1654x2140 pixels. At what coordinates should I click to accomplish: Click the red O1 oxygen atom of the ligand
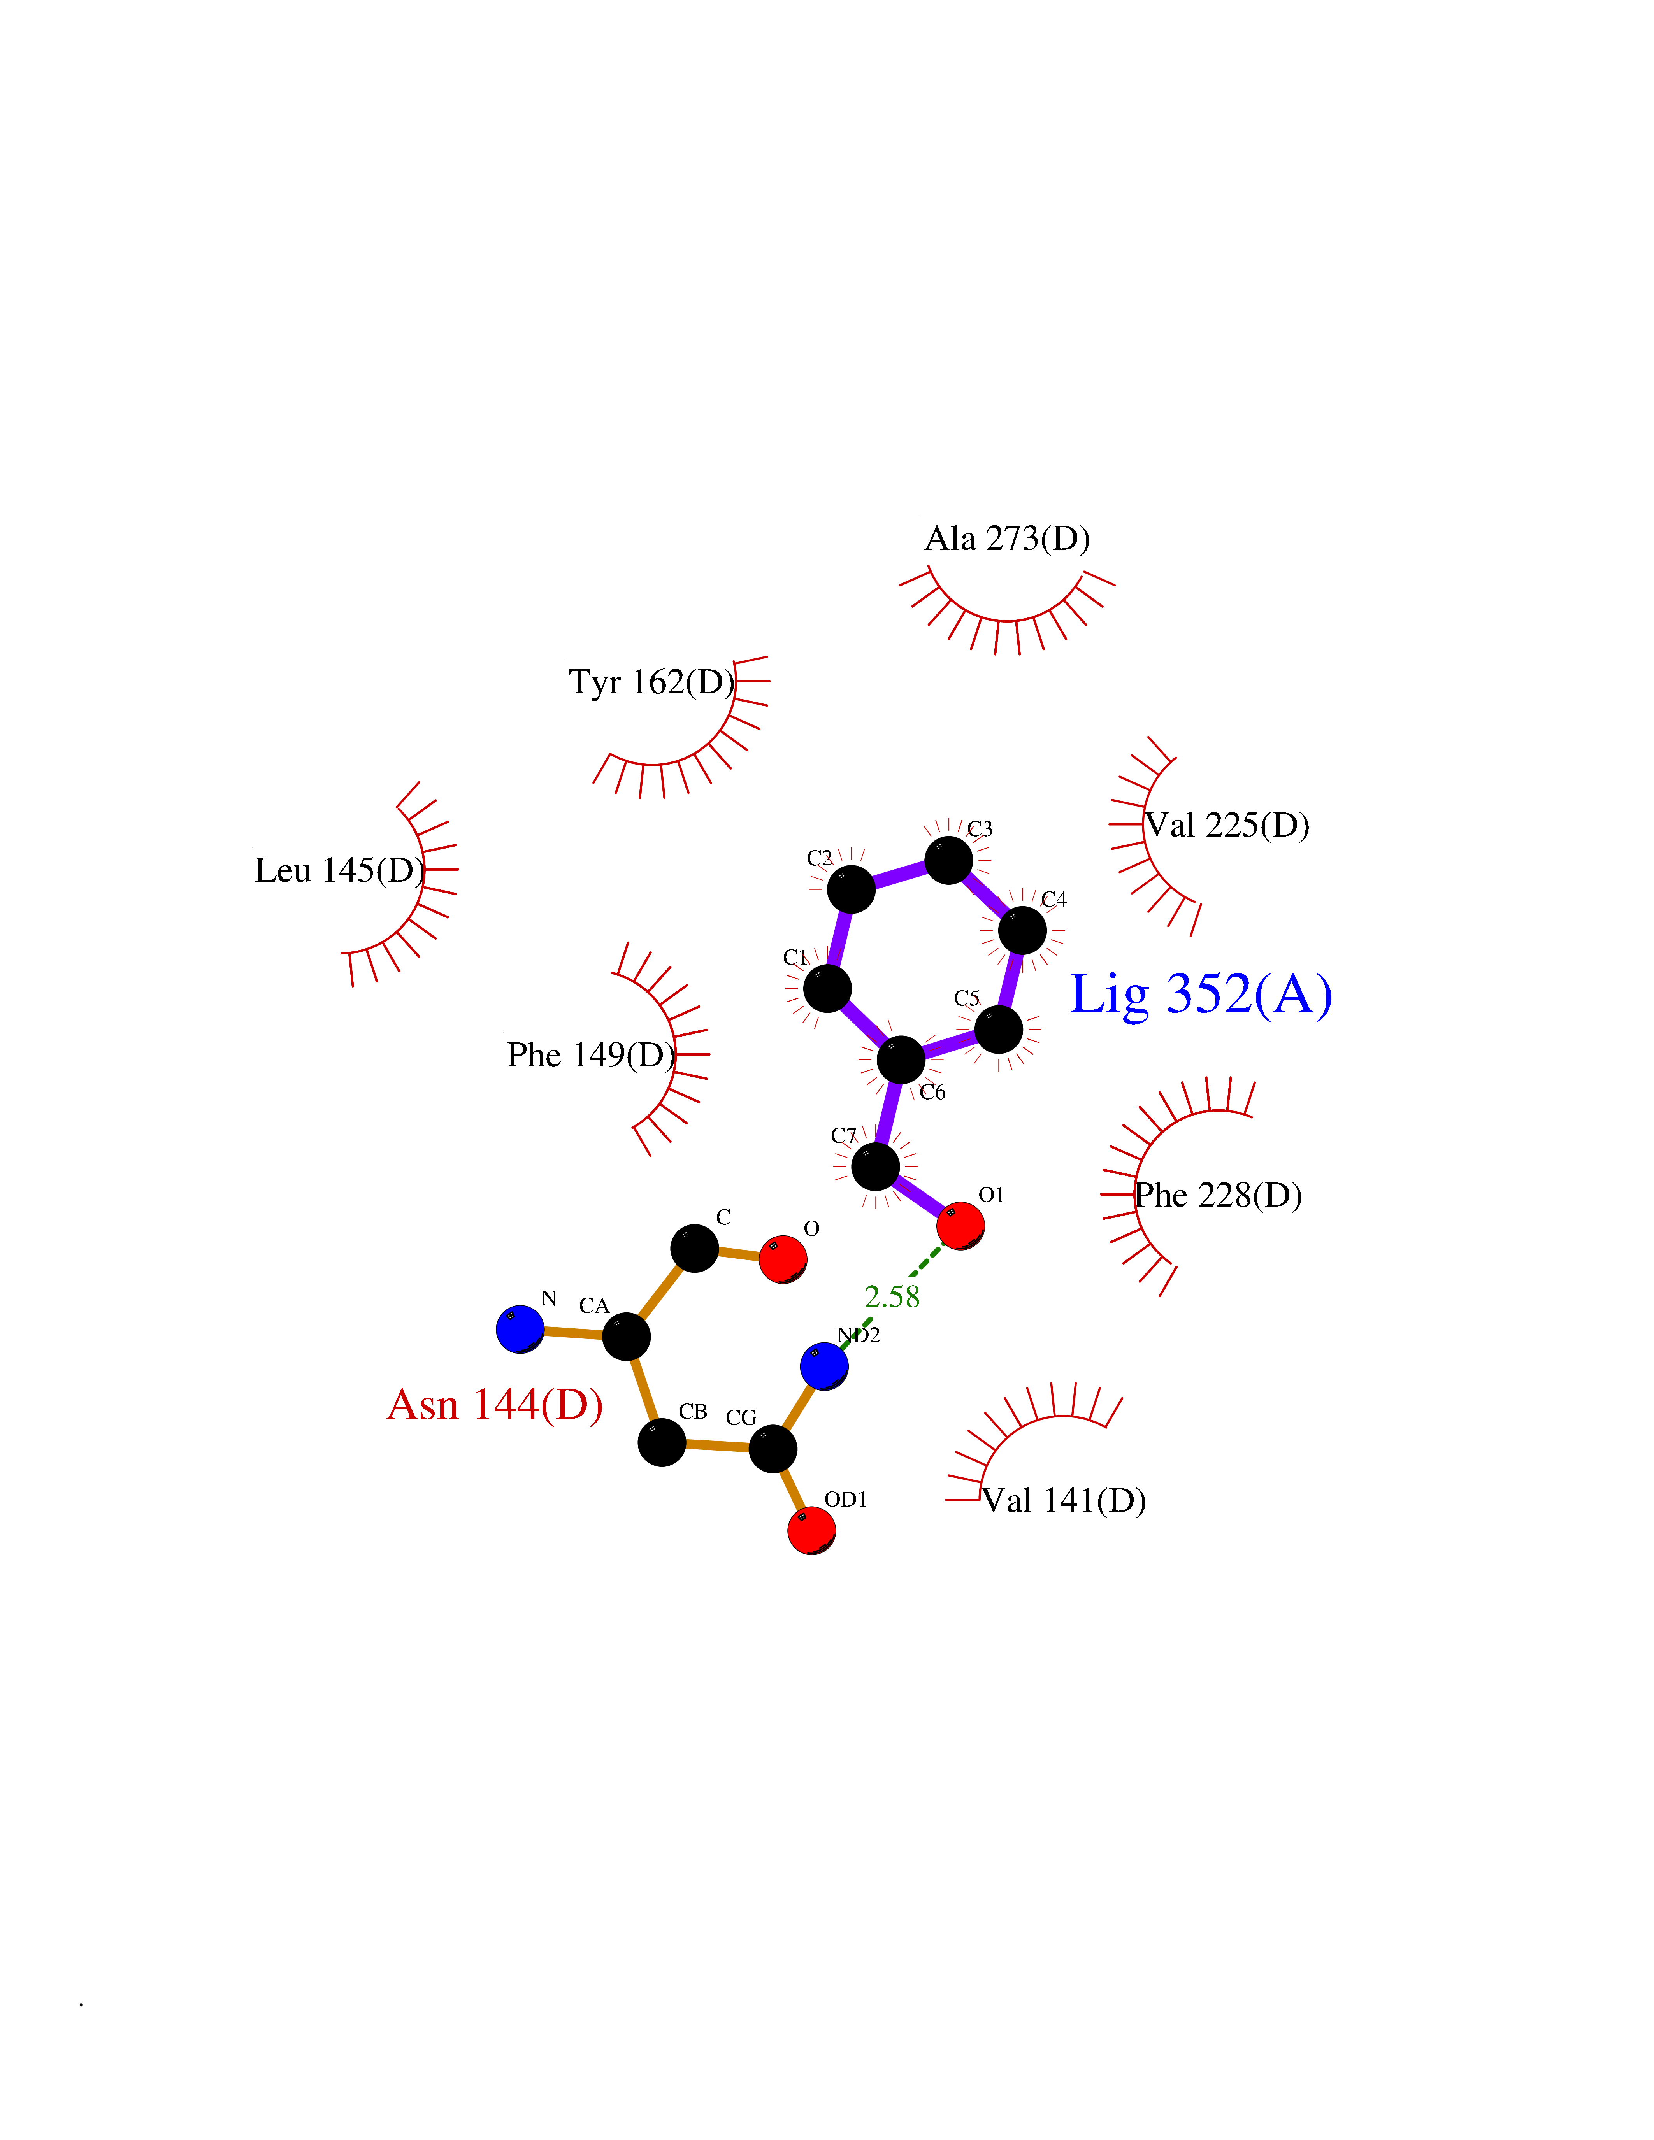coord(960,1226)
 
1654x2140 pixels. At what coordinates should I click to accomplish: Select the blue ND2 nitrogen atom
coord(825,1366)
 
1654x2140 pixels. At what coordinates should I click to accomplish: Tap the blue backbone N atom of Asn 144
coord(520,1330)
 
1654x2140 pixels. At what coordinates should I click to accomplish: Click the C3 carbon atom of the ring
coord(948,860)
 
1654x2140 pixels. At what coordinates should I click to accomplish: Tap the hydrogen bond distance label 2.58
coord(892,1297)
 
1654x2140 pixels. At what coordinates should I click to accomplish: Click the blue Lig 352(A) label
coord(1201,996)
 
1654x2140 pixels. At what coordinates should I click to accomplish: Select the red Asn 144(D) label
coord(495,1404)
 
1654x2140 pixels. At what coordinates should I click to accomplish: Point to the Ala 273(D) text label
coord(1007,539)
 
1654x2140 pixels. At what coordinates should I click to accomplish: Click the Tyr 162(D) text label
coord(651,682)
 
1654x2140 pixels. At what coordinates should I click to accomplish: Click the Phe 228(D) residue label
coord(1218,1195)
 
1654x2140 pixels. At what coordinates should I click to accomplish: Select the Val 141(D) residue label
coord(1064,1500)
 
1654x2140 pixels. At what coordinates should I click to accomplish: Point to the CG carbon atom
coord(773,1448)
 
